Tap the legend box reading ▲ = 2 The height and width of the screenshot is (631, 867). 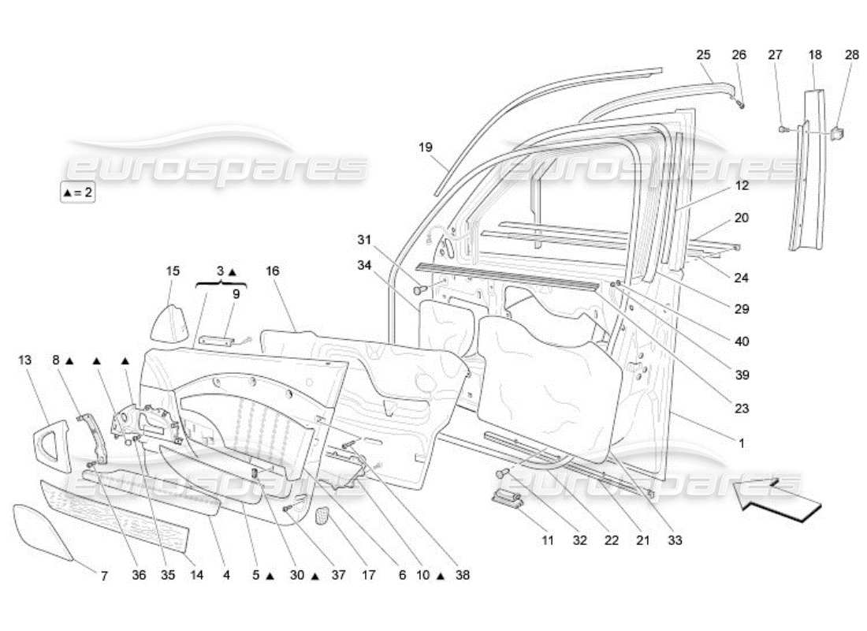coord(77,192)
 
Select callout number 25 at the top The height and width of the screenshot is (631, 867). coord(703,54)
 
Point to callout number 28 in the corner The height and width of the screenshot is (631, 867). coord(852,54)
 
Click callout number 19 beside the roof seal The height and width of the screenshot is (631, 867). coord(426,147)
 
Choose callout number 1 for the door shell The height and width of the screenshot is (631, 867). coord(741,443)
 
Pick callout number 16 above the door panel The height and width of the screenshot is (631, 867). coord(273,271)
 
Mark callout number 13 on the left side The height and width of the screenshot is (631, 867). coord(24,360)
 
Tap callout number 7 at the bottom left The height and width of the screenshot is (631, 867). coord(104,576)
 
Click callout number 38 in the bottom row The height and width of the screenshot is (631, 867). coord(462,576)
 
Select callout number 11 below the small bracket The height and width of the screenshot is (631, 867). coord(548,540)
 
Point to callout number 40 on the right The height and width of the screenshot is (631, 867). coord(741,342)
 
